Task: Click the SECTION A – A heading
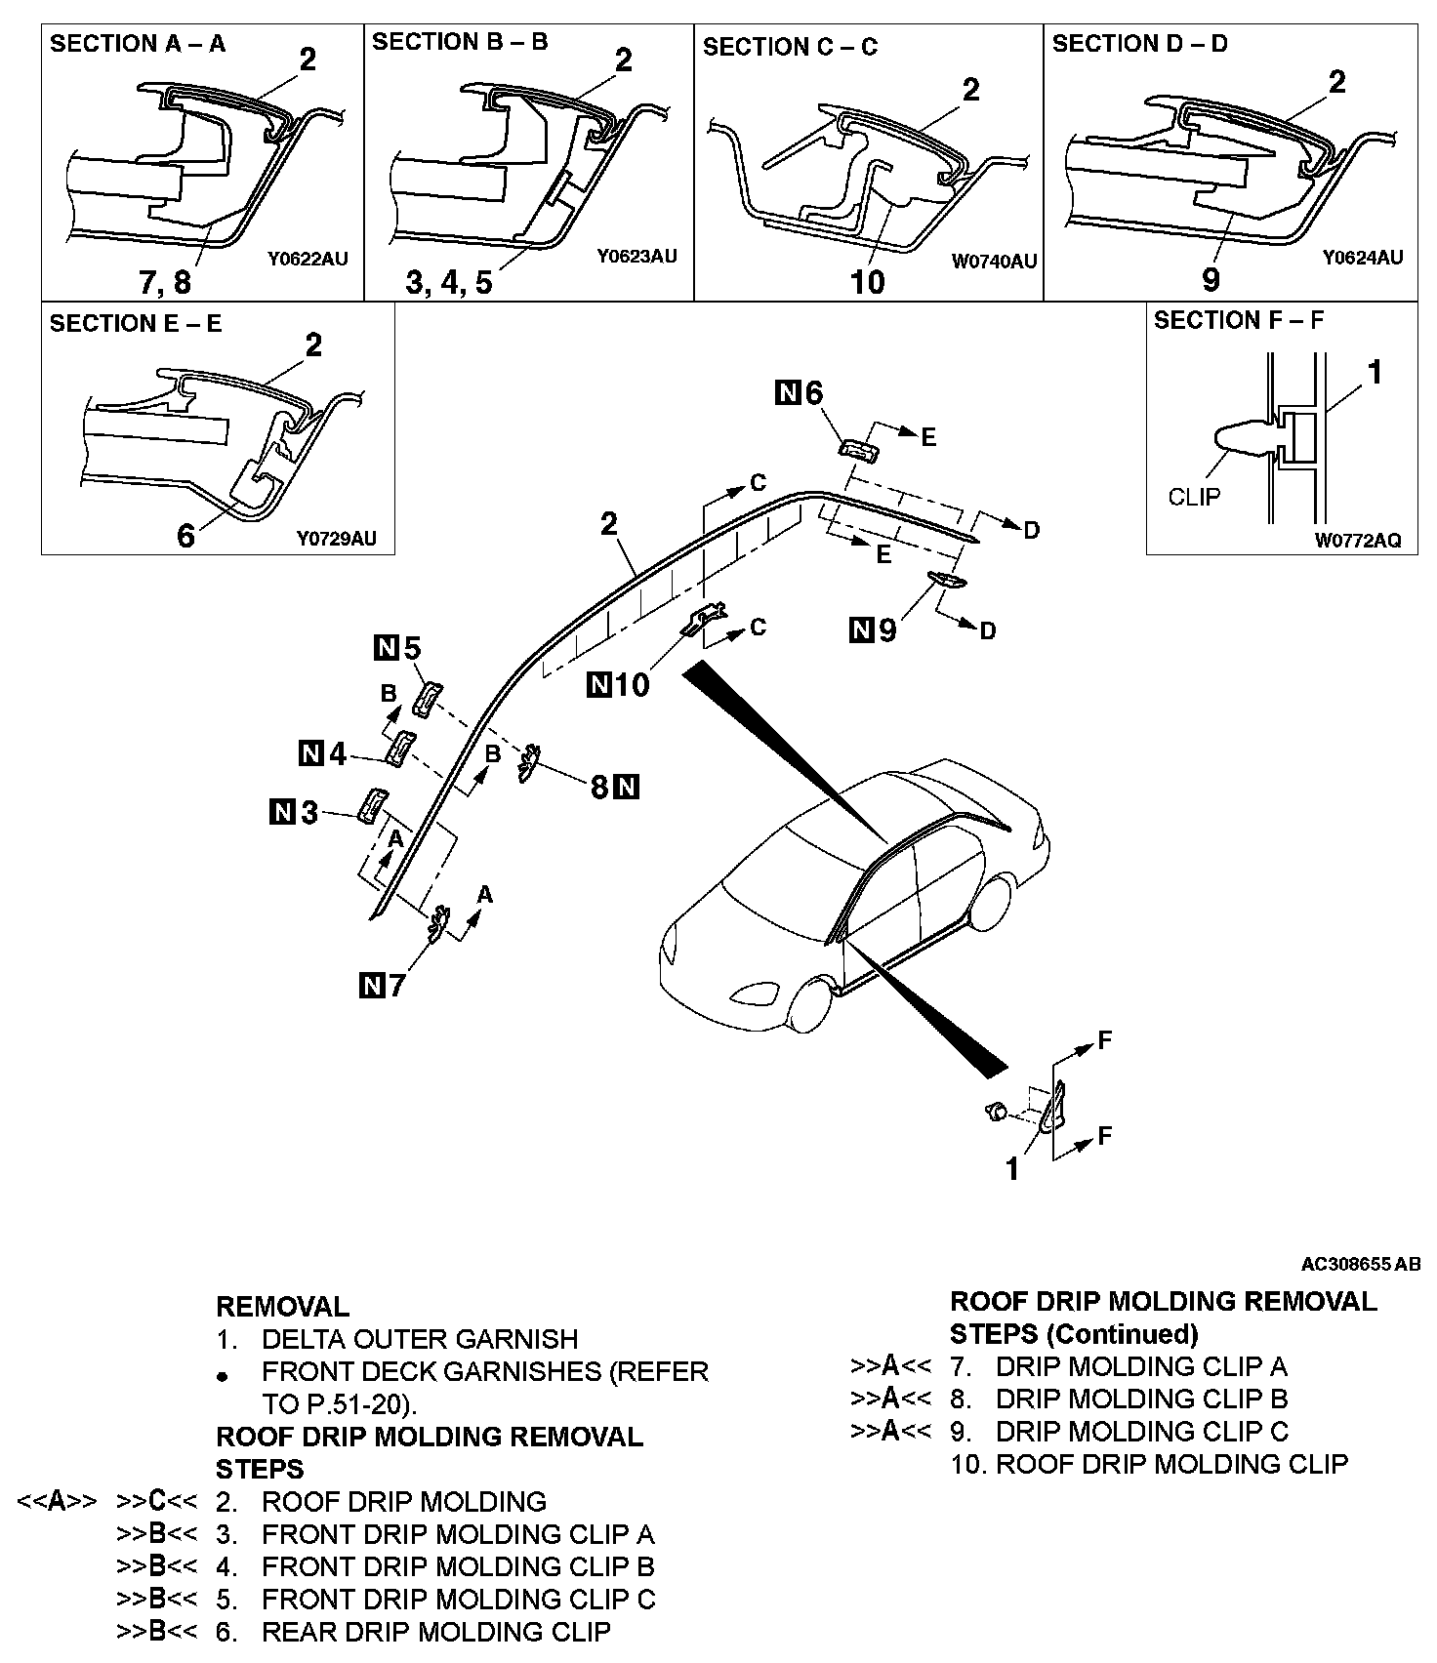point(138,44)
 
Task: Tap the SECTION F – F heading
point(1239,321)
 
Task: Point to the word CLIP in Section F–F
point(1194,497)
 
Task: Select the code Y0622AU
point(308,260)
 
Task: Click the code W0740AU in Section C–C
point(994,262)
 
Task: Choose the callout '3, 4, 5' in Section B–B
point(449,282)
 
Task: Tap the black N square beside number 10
point(598,686)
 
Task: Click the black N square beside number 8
point(627,787)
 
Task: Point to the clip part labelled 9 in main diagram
point(947,581)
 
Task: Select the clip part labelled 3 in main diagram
point(370,805)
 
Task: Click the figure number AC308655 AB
point(1360,1264)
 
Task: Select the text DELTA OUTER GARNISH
point(420,1339)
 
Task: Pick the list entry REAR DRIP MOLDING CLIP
point(435,1632)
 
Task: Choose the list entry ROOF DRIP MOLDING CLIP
point(1149,1464)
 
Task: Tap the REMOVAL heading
point(282,1307)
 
